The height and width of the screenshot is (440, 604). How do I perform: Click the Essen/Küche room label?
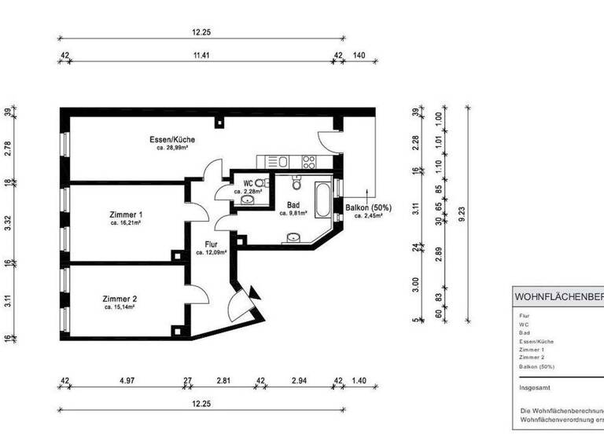[x=172, y=140]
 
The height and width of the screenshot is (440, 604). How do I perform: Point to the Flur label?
[x=211, y=244]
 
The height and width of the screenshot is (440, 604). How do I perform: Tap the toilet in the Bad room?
[x=294, y=184]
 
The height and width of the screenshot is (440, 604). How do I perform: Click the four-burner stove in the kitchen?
[x=308, y=163]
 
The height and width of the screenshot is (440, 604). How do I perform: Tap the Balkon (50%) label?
[x=368, y=208]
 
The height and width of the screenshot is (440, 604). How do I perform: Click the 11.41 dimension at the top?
[x=202, y=56]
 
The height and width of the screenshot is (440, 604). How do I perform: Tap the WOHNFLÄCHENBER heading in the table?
[x=558, y=297]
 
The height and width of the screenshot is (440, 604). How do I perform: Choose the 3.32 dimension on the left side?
[x=8, y=223]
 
